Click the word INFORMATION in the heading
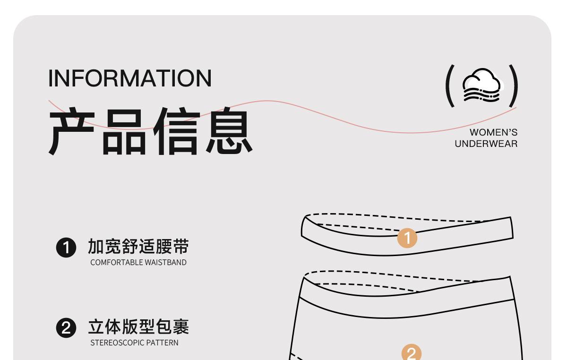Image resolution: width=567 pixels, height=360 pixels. tap(130, 78)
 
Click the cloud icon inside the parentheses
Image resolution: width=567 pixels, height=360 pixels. tap(481, 86)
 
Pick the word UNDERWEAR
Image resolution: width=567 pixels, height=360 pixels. tap(486, 144)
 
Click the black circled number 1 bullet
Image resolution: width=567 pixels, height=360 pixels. tap(66, 248)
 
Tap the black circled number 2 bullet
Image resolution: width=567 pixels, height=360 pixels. tap(66, 328)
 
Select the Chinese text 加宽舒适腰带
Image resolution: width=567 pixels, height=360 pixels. tap(138, 247)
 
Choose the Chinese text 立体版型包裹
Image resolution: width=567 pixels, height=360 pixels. tap(138, 327)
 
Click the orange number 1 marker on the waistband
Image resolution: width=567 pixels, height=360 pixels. tap(407, 238)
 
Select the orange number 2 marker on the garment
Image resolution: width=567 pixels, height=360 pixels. tap(411, 352)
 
